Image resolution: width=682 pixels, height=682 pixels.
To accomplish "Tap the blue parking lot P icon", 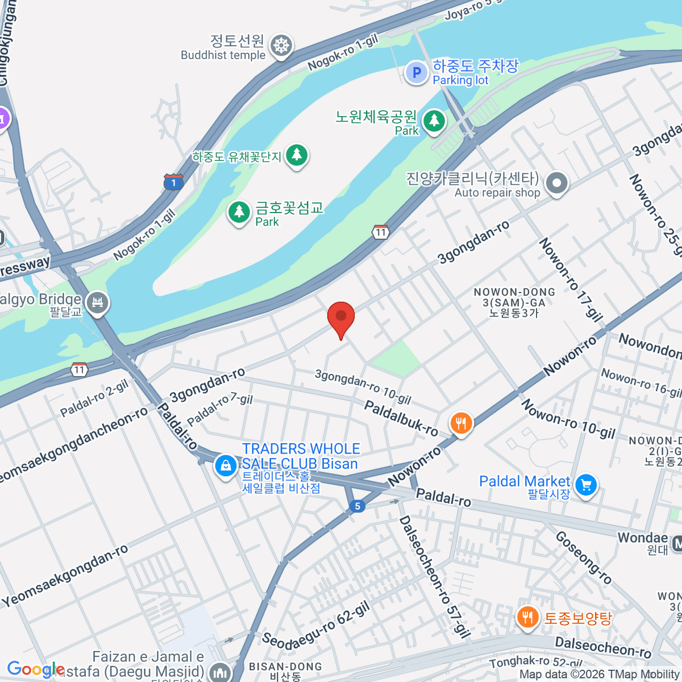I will [417, 73].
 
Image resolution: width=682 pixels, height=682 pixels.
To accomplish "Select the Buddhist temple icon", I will [281, 45].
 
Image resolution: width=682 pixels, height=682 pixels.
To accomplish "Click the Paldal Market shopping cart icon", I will [586, 485].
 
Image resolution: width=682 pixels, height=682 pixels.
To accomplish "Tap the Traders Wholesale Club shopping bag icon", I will [226, 467].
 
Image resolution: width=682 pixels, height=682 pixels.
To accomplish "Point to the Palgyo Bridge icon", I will [97, 302].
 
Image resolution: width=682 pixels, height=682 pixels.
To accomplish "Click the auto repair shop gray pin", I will [556, 184].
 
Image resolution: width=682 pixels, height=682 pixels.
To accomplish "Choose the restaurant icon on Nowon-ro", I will [461, 423].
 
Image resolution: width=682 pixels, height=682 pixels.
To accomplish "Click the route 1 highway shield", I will [174, 182].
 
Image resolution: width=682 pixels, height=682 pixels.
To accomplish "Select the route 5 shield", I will [357, 506].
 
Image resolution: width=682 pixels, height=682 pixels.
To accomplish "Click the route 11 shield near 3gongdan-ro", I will [381, 232].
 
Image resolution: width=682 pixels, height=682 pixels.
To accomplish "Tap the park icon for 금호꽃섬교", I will [239, 212].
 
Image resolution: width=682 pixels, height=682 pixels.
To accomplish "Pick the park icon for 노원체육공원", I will [434, 120].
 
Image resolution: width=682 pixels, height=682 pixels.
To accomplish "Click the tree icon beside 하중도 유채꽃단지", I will [296, 155].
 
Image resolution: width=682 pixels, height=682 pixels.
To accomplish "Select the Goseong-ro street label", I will [584, 557].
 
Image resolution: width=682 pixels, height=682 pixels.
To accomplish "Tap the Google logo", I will [35, 670].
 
